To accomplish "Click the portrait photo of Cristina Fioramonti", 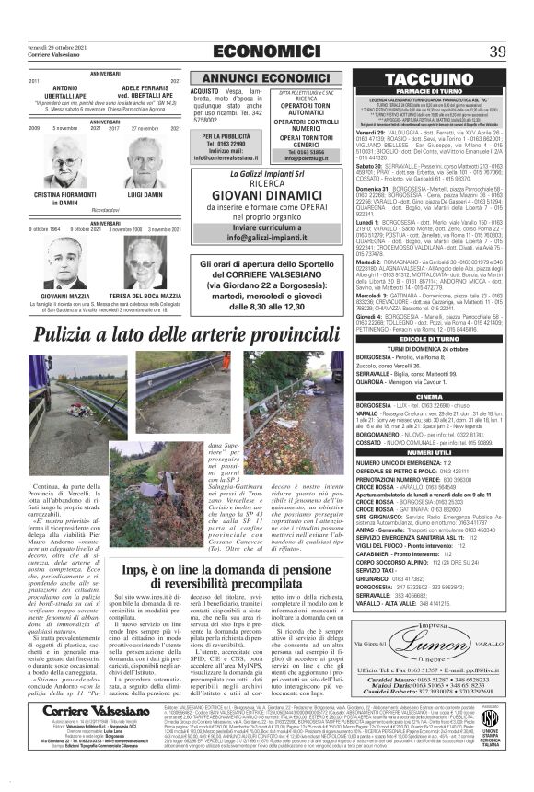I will [x=58, y=167].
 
